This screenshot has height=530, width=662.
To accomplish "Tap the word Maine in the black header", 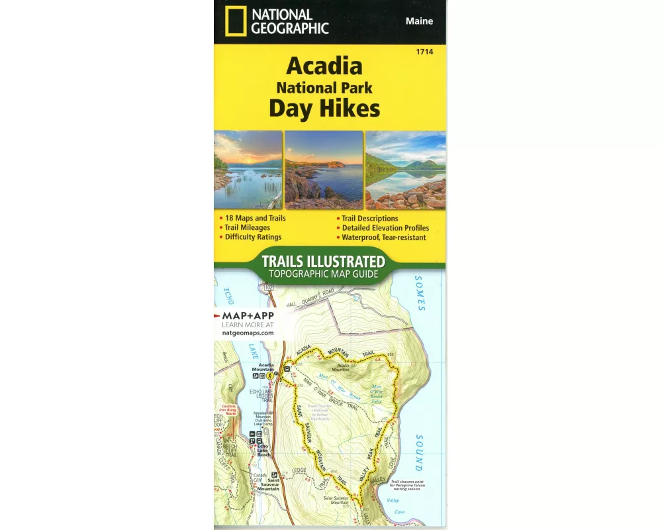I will pyautogui.click(x=419, y=21).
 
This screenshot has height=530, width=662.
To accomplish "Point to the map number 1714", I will pyautogui.click(x=434, y=52).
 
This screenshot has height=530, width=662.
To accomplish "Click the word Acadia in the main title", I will pyautogui.click(x=324, y=66).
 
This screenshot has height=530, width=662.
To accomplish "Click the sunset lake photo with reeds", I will pyautogui.click(x=248, y=170).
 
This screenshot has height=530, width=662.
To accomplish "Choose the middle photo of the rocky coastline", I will pyautogui.click(x=324, y=170).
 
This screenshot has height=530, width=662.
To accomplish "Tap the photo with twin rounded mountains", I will pyautogui.click(x=405, y=170).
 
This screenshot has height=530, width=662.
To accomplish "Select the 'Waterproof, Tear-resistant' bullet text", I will pyautogui.click(x=384, y=237).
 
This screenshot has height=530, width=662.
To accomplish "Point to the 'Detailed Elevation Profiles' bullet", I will pyautogui.click(x=385, y=227).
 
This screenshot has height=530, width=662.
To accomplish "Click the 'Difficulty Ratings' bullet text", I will pyautogui.click(x=253, y=237).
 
